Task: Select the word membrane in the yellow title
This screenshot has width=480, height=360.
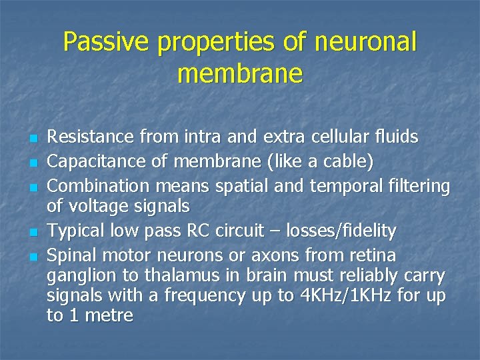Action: click(240, 73)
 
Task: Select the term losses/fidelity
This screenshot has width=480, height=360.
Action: click(341, 231)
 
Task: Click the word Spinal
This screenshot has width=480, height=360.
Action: click(72, 255)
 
